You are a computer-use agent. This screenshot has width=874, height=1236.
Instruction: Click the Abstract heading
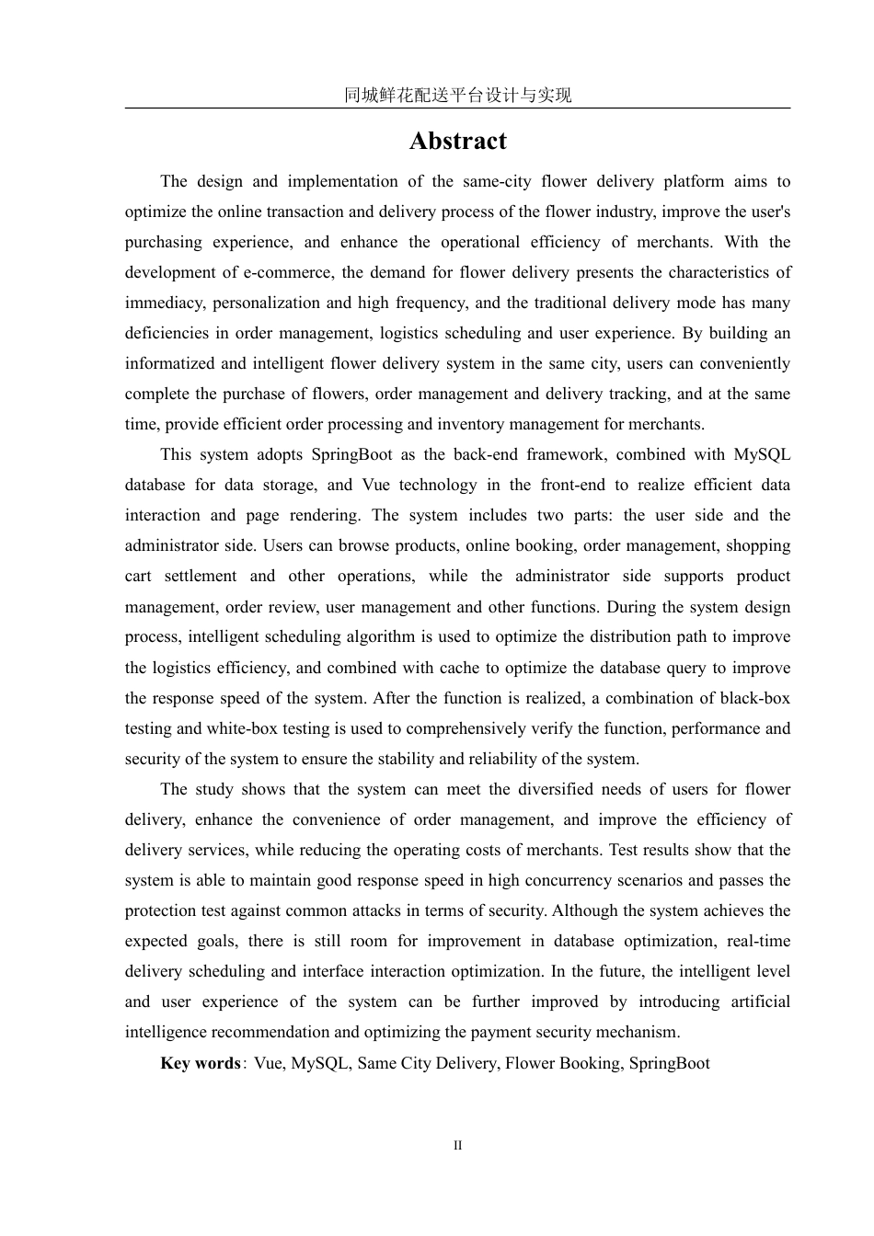[x=457, y=141]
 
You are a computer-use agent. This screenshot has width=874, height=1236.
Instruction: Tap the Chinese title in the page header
[x=457, y=95]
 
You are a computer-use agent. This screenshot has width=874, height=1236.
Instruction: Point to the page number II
[x=457, y=1145]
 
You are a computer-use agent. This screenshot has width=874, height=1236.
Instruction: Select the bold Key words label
[x=200, y=1063]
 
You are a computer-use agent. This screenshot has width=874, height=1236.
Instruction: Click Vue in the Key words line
[x=269, y=1063]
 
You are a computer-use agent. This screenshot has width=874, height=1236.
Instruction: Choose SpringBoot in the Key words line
[x=669, y=1063]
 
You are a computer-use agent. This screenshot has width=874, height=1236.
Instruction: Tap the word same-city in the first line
[x=488, y=181]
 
